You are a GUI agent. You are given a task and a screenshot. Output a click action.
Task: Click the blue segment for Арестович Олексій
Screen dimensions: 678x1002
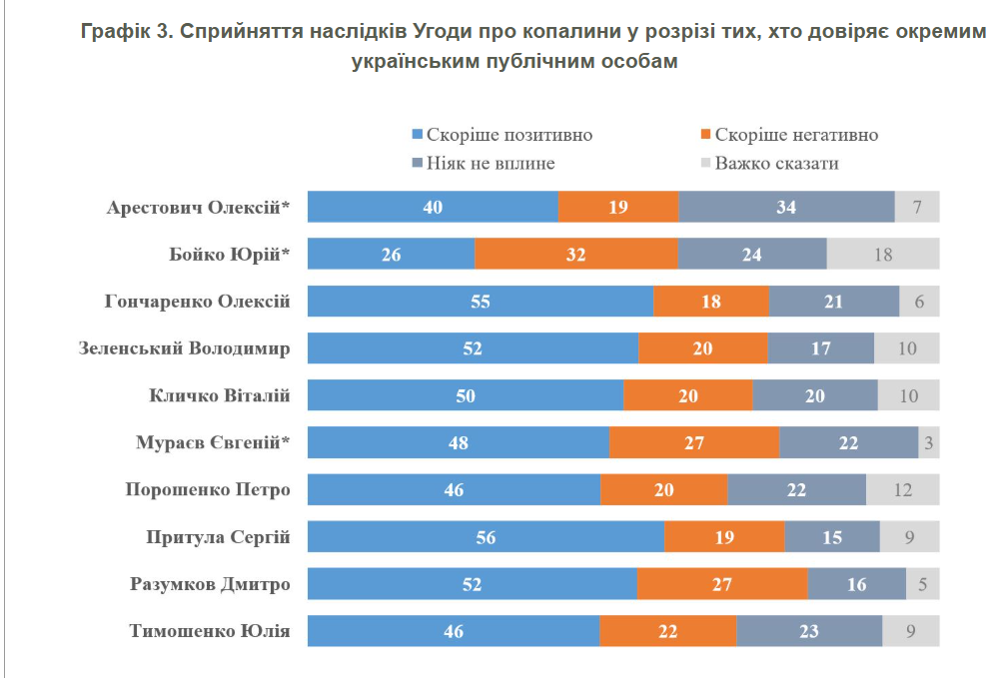tap(433, 207)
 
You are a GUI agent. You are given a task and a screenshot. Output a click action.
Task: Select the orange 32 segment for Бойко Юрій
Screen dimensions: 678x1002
tap(575, 254)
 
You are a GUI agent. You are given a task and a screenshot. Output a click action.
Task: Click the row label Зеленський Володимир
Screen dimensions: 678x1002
tap(185, 348)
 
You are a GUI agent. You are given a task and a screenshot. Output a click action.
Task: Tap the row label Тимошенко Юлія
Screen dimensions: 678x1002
tap(210, 630)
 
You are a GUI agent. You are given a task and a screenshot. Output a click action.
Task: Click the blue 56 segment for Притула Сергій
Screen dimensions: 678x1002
tap(486, 536)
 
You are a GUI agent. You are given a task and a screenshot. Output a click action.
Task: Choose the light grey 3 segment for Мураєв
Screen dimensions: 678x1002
tap(929, 442)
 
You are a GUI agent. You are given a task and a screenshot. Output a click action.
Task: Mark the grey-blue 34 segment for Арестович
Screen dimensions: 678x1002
tap(786, 207)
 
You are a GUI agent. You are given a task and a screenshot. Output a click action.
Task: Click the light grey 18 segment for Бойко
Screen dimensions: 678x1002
tap(883, 254)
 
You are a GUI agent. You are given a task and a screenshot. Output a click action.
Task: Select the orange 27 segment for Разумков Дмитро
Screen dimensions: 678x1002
tap(722, 583)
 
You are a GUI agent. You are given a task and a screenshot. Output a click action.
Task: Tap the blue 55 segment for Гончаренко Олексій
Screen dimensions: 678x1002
tap(481, 301)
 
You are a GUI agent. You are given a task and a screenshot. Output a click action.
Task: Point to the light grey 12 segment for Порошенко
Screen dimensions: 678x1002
tap(903, 489)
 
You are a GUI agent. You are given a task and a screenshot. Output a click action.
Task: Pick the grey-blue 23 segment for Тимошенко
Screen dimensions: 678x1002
tap(809, 630)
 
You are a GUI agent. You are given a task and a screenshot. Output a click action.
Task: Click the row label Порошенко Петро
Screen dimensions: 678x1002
tap(208, 489)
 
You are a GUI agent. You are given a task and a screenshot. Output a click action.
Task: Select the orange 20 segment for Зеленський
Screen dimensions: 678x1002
tap(703, 348)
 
